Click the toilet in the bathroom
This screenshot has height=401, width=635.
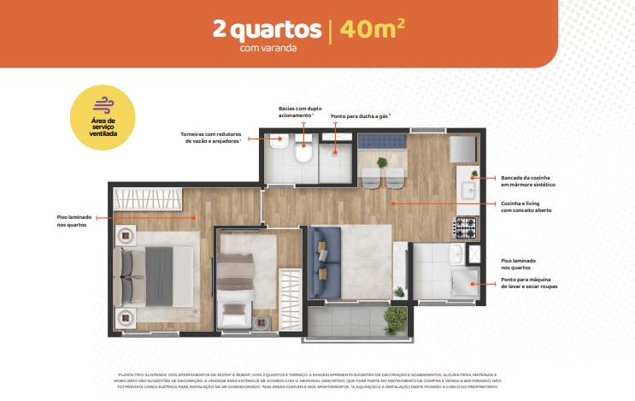point(303,154)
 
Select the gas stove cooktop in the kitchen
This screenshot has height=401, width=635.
point(465,227)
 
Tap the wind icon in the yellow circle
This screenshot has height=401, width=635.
point(103,105)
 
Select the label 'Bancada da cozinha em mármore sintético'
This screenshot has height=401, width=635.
point(527,180)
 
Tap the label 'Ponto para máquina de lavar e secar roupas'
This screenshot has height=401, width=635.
point(531,283)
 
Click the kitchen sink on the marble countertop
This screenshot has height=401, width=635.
point(468,190)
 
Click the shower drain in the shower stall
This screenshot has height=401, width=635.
point(335,155)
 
